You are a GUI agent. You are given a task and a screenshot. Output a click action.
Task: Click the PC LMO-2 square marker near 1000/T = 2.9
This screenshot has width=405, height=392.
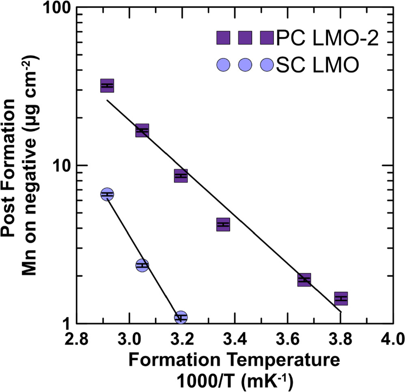point(107,86)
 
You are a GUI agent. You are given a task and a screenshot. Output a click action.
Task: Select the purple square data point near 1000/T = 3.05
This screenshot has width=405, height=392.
point(142,131)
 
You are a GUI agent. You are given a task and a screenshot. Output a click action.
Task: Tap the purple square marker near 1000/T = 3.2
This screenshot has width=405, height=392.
point(181,176)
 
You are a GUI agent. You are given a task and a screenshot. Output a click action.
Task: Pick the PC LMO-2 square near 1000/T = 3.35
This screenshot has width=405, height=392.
point(223,224)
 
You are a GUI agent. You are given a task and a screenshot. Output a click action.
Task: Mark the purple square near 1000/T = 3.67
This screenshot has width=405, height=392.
point(304,279)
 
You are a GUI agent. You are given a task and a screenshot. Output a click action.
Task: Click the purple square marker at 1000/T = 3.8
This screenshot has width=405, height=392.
point(341,298)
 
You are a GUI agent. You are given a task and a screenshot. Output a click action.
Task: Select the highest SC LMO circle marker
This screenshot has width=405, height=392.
point(107,195)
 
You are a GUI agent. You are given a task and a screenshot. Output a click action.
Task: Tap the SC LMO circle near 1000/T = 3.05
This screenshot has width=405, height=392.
point(142,265)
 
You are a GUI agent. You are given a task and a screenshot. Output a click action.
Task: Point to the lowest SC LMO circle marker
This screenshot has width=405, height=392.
point(181,317)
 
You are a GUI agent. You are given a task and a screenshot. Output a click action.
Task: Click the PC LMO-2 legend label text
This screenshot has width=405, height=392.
point(327,39)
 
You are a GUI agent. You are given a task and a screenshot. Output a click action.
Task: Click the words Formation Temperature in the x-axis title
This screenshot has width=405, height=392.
point(235,360)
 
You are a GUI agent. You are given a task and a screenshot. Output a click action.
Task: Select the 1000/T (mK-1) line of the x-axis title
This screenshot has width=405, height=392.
point(235,381)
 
